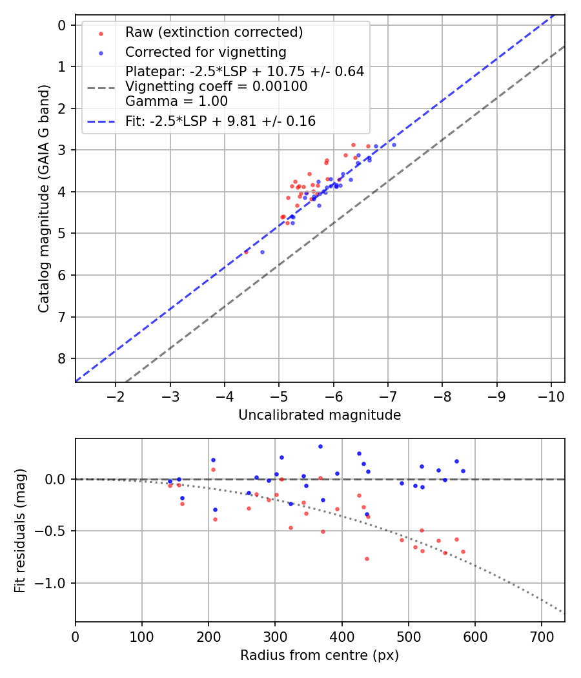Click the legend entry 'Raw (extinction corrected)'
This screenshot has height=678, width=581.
(214, 32)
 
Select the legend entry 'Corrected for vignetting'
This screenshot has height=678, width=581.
(205, 52)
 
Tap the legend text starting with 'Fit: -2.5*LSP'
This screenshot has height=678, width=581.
(220, 121)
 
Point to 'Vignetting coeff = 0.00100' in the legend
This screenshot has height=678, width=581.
(216, 87)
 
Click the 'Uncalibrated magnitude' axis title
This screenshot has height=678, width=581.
(320, 415)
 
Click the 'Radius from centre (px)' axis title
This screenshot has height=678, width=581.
(320, 655)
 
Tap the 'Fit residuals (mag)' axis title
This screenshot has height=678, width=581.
(20, 530)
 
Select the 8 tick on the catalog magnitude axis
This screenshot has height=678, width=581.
(62, 358)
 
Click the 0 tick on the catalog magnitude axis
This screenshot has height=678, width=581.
(62, 25)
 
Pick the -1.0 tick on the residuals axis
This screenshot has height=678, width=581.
(54, 583)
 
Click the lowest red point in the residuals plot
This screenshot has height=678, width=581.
(367, 559)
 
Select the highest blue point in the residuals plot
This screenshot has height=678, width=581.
(320, 446)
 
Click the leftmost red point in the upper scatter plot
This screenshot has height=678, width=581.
(246, 252)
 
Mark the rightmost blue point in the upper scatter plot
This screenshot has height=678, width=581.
(394, 145)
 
